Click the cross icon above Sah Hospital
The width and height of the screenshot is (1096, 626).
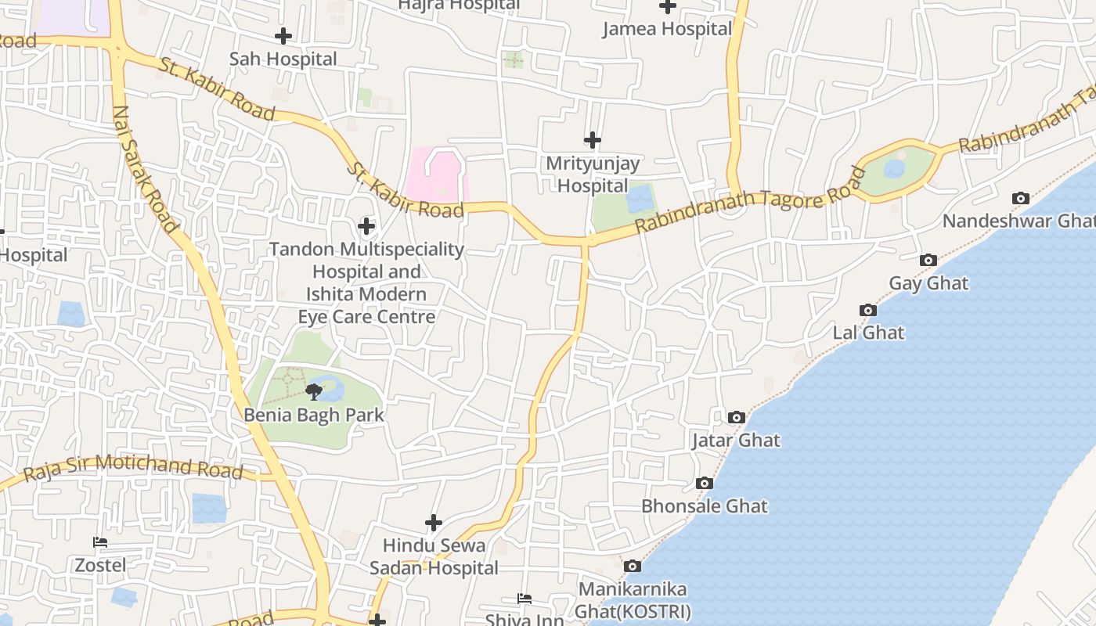pos(283,36)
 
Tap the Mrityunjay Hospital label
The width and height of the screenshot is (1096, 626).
pos(593,174)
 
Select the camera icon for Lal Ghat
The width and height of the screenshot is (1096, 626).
pos(867,311)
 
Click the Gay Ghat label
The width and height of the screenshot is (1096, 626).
pos(928,283)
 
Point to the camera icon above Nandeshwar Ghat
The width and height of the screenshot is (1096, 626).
pos(1020,199)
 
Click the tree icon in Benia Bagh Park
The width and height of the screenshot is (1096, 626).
pos(314,391)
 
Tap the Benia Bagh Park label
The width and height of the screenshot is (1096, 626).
pos(314,414)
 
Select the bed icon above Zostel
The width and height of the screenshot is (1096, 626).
pos(100,541)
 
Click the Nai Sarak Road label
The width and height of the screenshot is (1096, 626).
pos(146,169)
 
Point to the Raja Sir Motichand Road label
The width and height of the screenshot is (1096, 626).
pos(133,467)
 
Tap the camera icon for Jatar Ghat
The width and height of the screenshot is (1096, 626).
pos(736,418)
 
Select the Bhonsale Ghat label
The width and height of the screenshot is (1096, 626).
pos(705,505)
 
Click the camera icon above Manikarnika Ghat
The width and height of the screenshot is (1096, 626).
pos(633,566)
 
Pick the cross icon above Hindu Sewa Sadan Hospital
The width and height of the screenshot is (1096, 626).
pos(434,523)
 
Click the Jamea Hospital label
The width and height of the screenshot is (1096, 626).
pos(667,29)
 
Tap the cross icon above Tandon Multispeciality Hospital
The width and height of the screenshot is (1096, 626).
pos(366,227)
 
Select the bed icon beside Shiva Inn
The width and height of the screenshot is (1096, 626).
pos(525,599)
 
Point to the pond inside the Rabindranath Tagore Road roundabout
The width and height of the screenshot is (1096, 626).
pos(894,168)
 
